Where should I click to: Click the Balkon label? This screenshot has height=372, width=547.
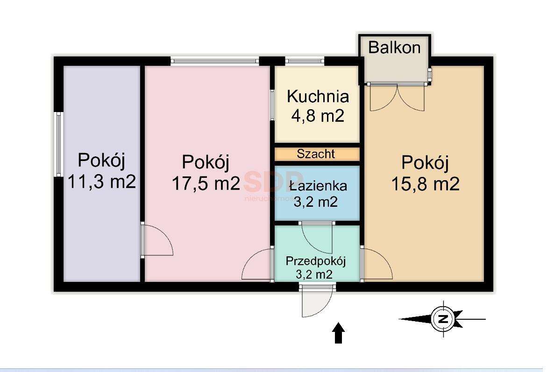394,48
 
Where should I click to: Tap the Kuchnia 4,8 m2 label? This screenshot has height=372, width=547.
318,105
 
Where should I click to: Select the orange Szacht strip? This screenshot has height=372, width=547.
317,154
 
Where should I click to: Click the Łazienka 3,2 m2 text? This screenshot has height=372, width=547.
318,193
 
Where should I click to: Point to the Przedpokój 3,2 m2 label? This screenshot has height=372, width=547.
316,267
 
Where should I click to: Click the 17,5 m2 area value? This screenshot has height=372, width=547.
206,183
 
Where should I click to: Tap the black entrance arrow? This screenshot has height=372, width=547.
339,334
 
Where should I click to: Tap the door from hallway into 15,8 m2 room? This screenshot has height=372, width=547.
377,265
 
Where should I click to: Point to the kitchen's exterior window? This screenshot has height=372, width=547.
304,60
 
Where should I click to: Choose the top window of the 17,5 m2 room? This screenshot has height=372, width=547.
214,60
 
